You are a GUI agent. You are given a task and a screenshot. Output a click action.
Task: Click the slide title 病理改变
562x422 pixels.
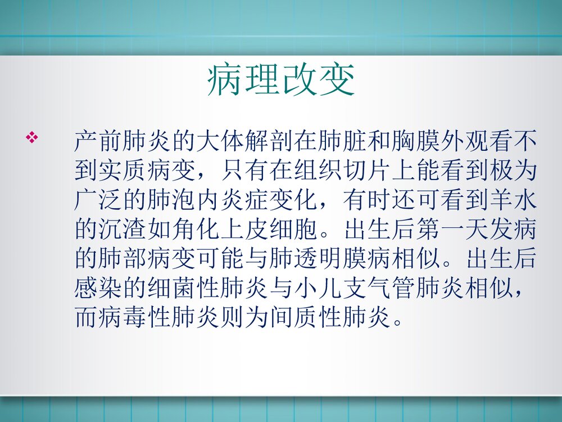pos(281,80)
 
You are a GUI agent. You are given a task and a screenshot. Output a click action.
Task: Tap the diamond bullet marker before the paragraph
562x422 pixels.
pos(33,137)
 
